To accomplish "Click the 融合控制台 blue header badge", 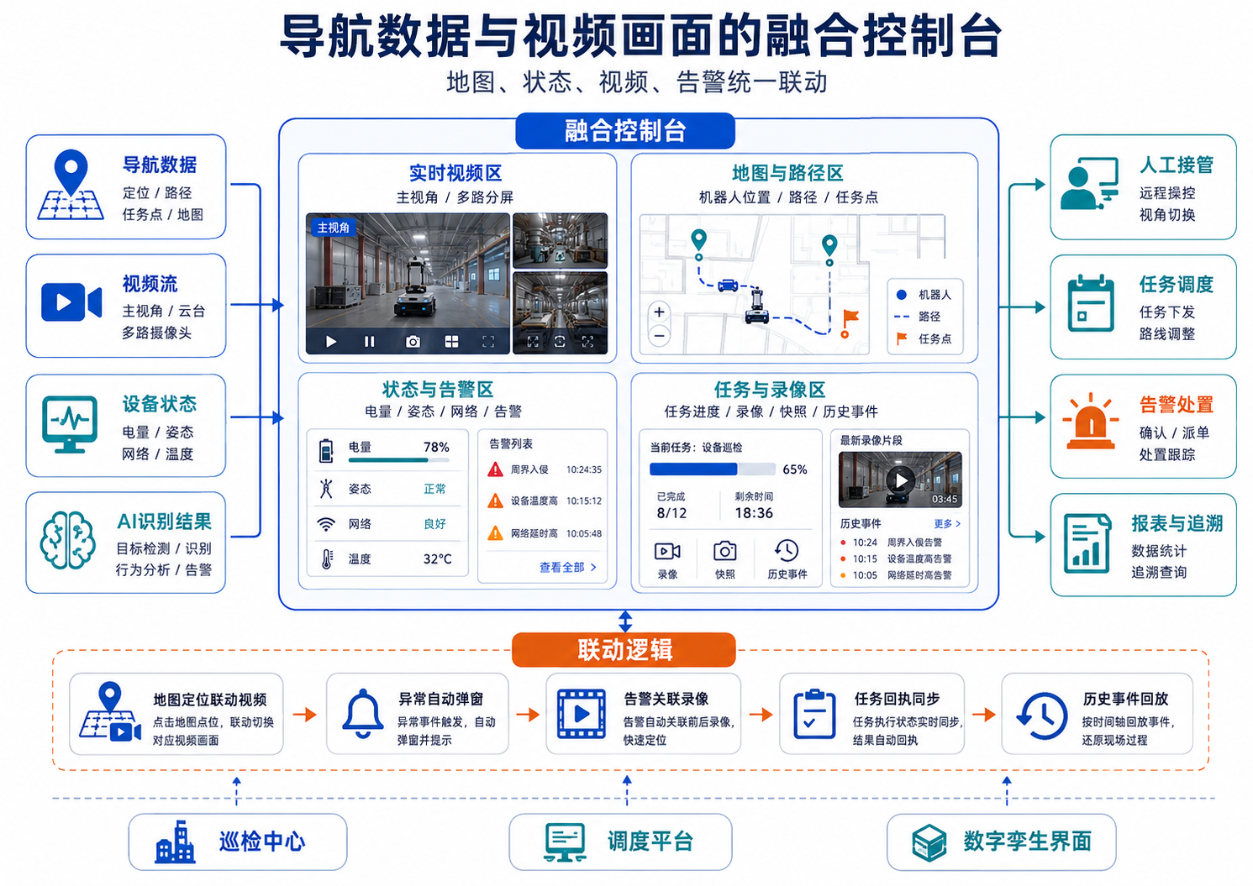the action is click(x=625, y=131).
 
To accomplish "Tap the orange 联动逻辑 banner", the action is click(x=624, y=649).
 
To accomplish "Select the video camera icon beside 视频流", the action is click(x=71, y=301).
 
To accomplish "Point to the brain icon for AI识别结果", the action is click(x=67, y=540).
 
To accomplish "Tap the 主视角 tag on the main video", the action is click(x=333, y=228).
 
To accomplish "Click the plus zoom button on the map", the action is click(x=660, y=312).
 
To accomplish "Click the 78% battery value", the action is click(x=436, y=447).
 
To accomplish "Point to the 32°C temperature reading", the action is click(x=438, y=559).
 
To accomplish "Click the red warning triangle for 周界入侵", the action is click(x=495, y=469).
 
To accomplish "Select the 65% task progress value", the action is click(x=795, y=469).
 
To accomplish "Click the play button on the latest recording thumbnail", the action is click(x=901, y=480).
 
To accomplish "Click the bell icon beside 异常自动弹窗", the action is click(x=362, y=714).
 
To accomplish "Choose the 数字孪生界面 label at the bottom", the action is click(x=1027, y=841).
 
